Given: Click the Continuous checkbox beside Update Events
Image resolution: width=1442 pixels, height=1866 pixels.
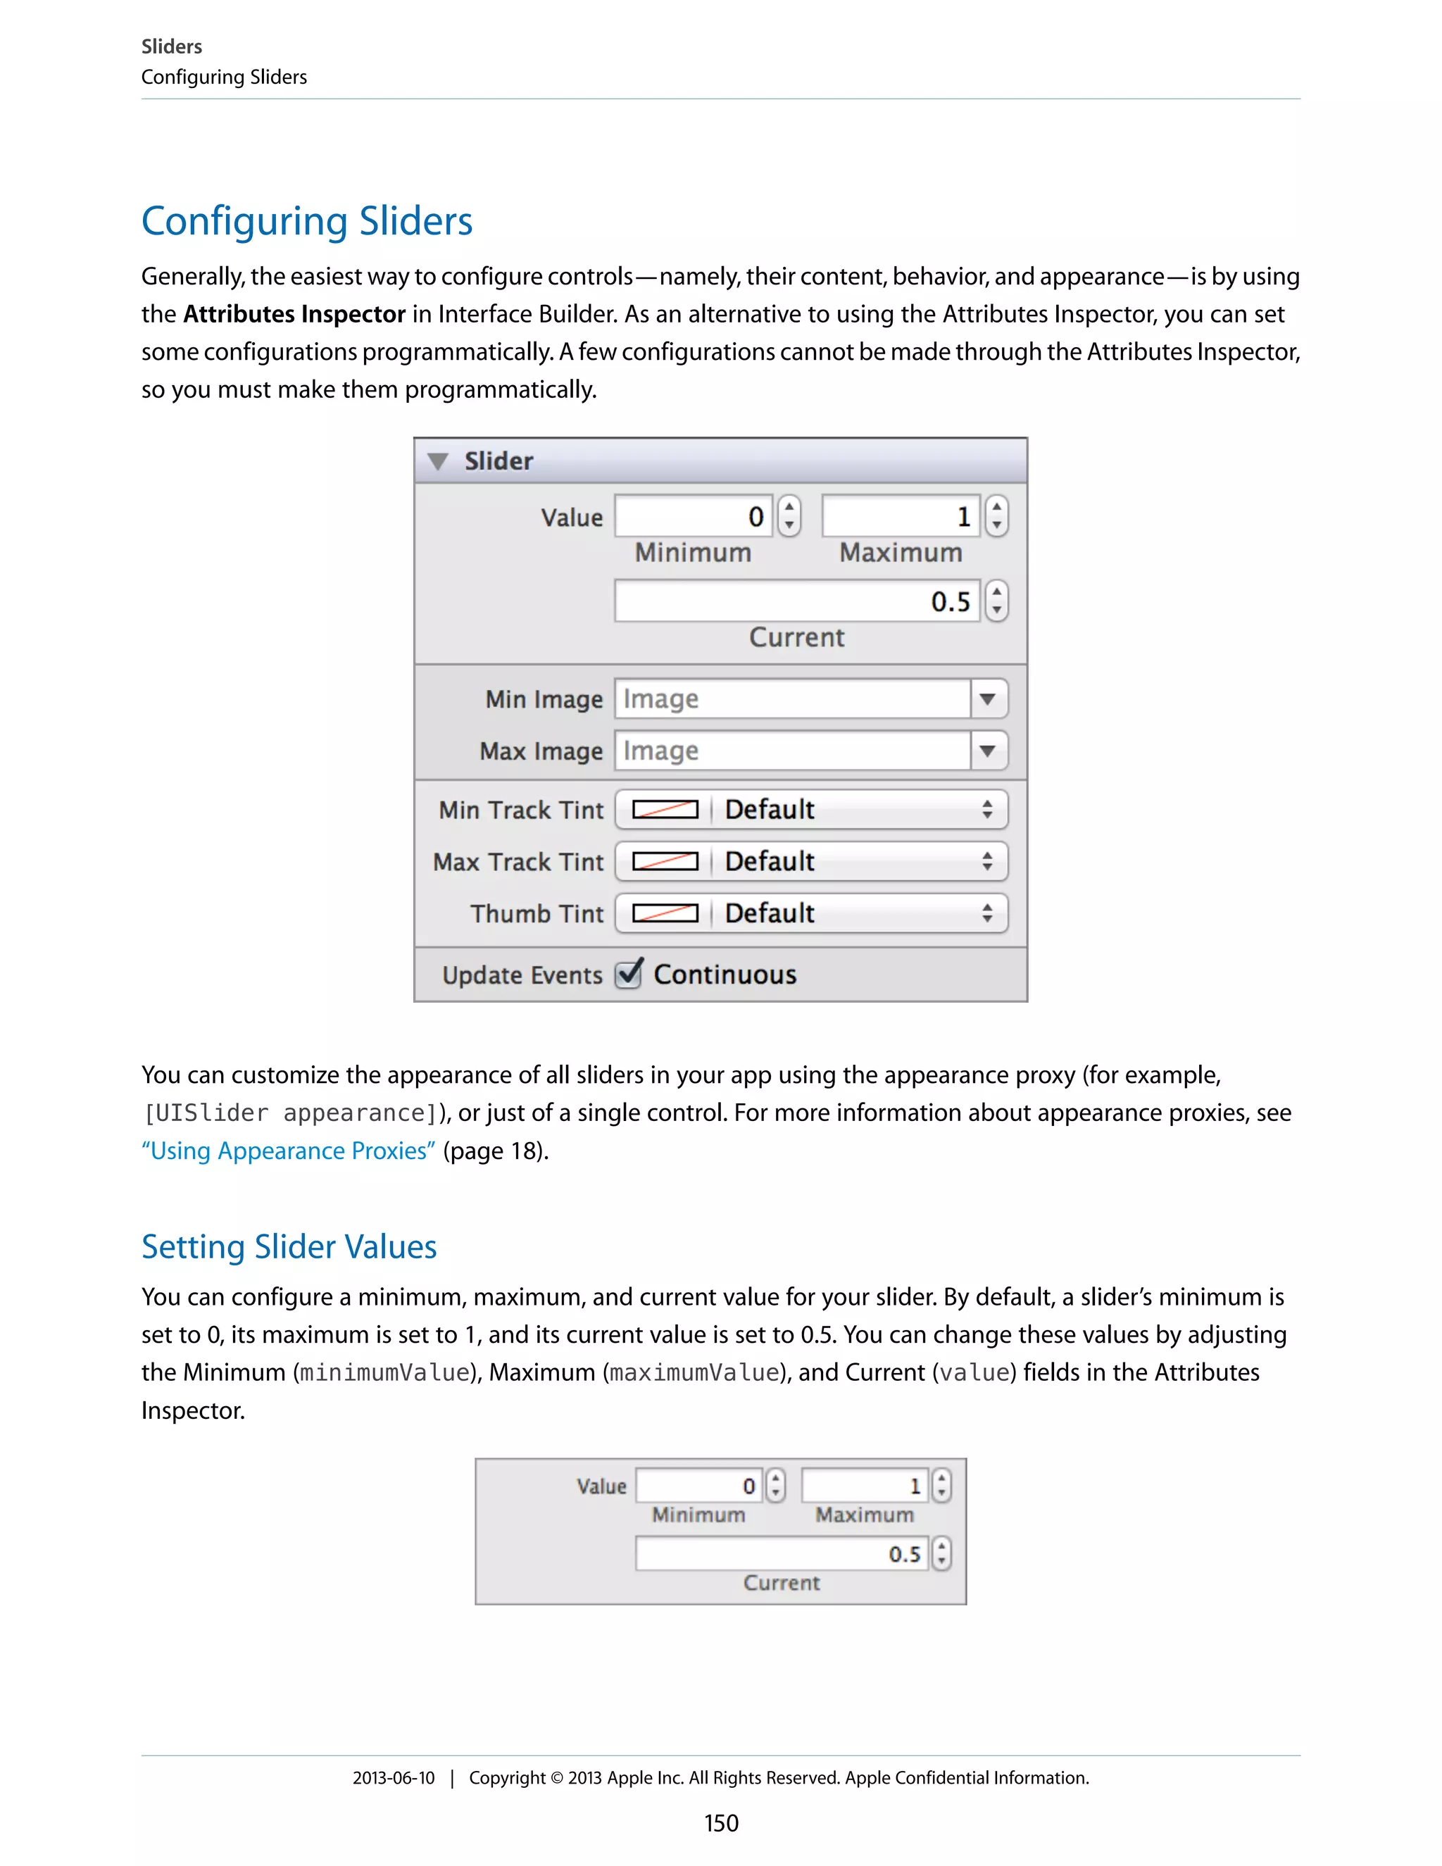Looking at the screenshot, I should [x=629, y=974].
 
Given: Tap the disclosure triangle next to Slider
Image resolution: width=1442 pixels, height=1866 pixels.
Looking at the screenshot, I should [x=438, y=461].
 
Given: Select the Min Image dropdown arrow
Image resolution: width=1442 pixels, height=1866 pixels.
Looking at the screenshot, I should [x=989, y=699].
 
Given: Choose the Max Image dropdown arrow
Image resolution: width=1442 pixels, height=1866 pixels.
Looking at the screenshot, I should [x=989, y=751].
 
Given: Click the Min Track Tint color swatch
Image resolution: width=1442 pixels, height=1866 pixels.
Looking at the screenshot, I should [x=665, y=809].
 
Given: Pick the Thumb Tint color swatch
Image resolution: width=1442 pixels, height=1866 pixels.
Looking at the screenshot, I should [x=665, y=913].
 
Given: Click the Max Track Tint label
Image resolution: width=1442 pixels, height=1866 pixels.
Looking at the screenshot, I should [x=518, y=861].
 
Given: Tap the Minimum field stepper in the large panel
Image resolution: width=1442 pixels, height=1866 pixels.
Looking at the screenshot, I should [x=789, y=516].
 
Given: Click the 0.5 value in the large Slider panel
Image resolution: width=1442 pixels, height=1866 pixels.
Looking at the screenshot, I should [x=950, y=601].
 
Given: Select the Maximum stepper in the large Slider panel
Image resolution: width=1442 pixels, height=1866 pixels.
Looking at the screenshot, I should [x=996, y=516].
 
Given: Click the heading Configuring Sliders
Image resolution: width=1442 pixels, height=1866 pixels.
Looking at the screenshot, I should [x=307, y=221].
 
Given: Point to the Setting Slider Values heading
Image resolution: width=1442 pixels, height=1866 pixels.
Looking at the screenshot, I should [x=289, y=1246].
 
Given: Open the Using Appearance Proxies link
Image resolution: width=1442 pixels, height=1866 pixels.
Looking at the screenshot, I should [x=289, y=1151].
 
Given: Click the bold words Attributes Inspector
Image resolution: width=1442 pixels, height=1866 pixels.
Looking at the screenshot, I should [x=294, y=315].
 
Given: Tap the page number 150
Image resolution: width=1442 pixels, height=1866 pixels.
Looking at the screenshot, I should [x=721, y=1823].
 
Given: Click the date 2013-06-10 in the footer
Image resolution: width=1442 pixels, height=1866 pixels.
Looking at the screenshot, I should [x=393, y=1778].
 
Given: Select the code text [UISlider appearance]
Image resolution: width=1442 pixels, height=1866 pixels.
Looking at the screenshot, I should [x=291, y=1113].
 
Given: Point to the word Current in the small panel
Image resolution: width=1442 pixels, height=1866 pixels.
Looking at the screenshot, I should [x=781, y=1583].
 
